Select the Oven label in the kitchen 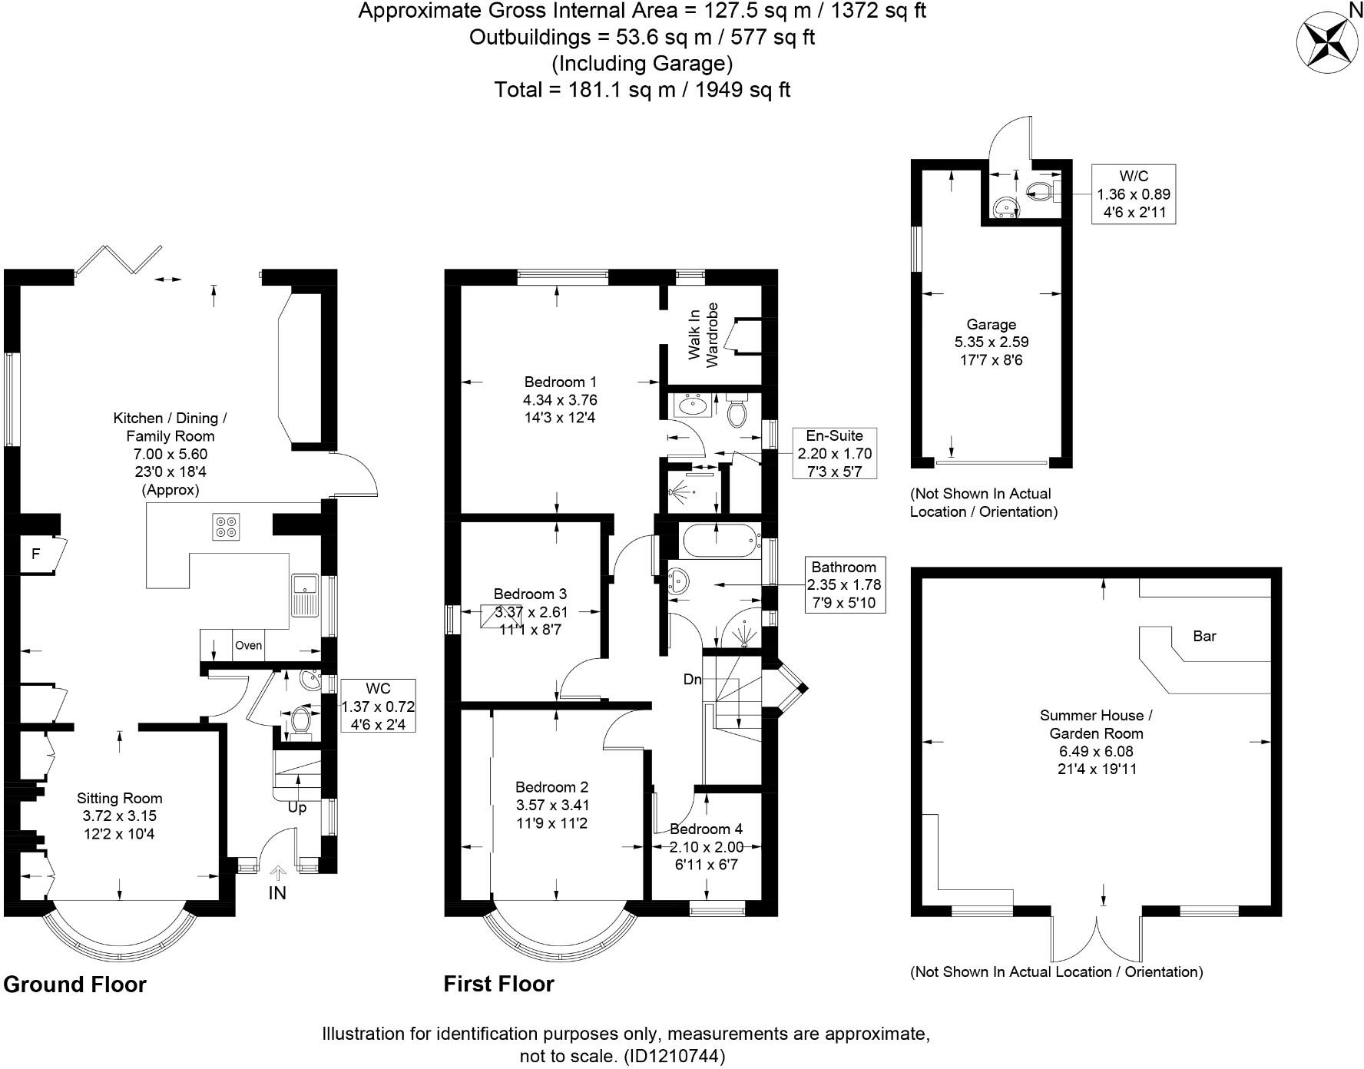click(x=248, y=646)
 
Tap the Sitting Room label click(x=120, y=799)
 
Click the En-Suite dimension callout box click(x=835, y=453)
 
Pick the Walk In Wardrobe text click(x=704, y=335)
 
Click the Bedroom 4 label click(x=706, y=829)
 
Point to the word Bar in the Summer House click(x=1204, y=636)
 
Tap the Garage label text click(x=991, y=324)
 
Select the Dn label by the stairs click(x=692, y=680)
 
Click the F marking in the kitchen click(x=35, y=553)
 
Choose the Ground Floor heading click(x=74, y=985)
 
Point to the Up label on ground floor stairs click(x=296, y=807)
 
